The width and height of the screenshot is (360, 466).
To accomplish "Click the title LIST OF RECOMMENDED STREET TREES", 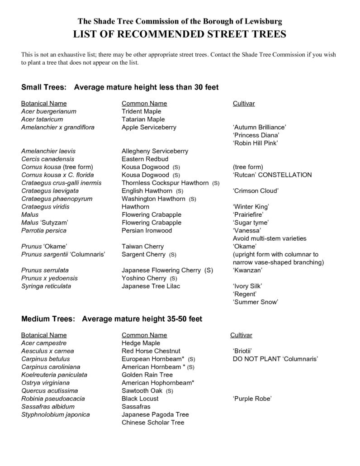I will click(x=180, y=34).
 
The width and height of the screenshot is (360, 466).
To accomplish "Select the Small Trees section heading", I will click(x=120, y=87).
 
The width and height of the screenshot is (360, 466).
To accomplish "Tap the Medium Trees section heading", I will click(x=112, y=319).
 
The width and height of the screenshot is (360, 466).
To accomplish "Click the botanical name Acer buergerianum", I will click(x=49, y=111).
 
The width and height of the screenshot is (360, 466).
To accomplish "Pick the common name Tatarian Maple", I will click(x=143, y=119).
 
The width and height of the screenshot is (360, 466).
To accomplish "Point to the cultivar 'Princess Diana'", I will click(x=256, y=135).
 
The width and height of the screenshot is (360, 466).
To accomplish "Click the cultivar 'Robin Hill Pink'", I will click(x=255, y=143).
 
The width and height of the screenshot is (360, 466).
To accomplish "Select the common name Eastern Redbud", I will click(x=145, y=159).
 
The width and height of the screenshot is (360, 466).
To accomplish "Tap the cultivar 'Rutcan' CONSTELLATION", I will click(x=272, y=175).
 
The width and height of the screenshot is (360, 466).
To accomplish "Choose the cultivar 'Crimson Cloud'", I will click(x=256, y=191).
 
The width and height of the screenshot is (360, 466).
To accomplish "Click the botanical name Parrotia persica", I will click(x=44, y=231).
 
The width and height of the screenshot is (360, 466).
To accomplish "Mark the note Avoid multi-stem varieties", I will click(x=269, y=238).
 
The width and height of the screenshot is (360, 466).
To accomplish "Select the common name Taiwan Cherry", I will click(x=143, y=247).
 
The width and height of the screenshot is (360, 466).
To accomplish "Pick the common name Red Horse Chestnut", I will click(x=151, y=351).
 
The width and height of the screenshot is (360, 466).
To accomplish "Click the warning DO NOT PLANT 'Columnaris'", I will click(x=274, y=359).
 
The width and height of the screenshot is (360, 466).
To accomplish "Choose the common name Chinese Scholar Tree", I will click(x=153, y=423).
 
